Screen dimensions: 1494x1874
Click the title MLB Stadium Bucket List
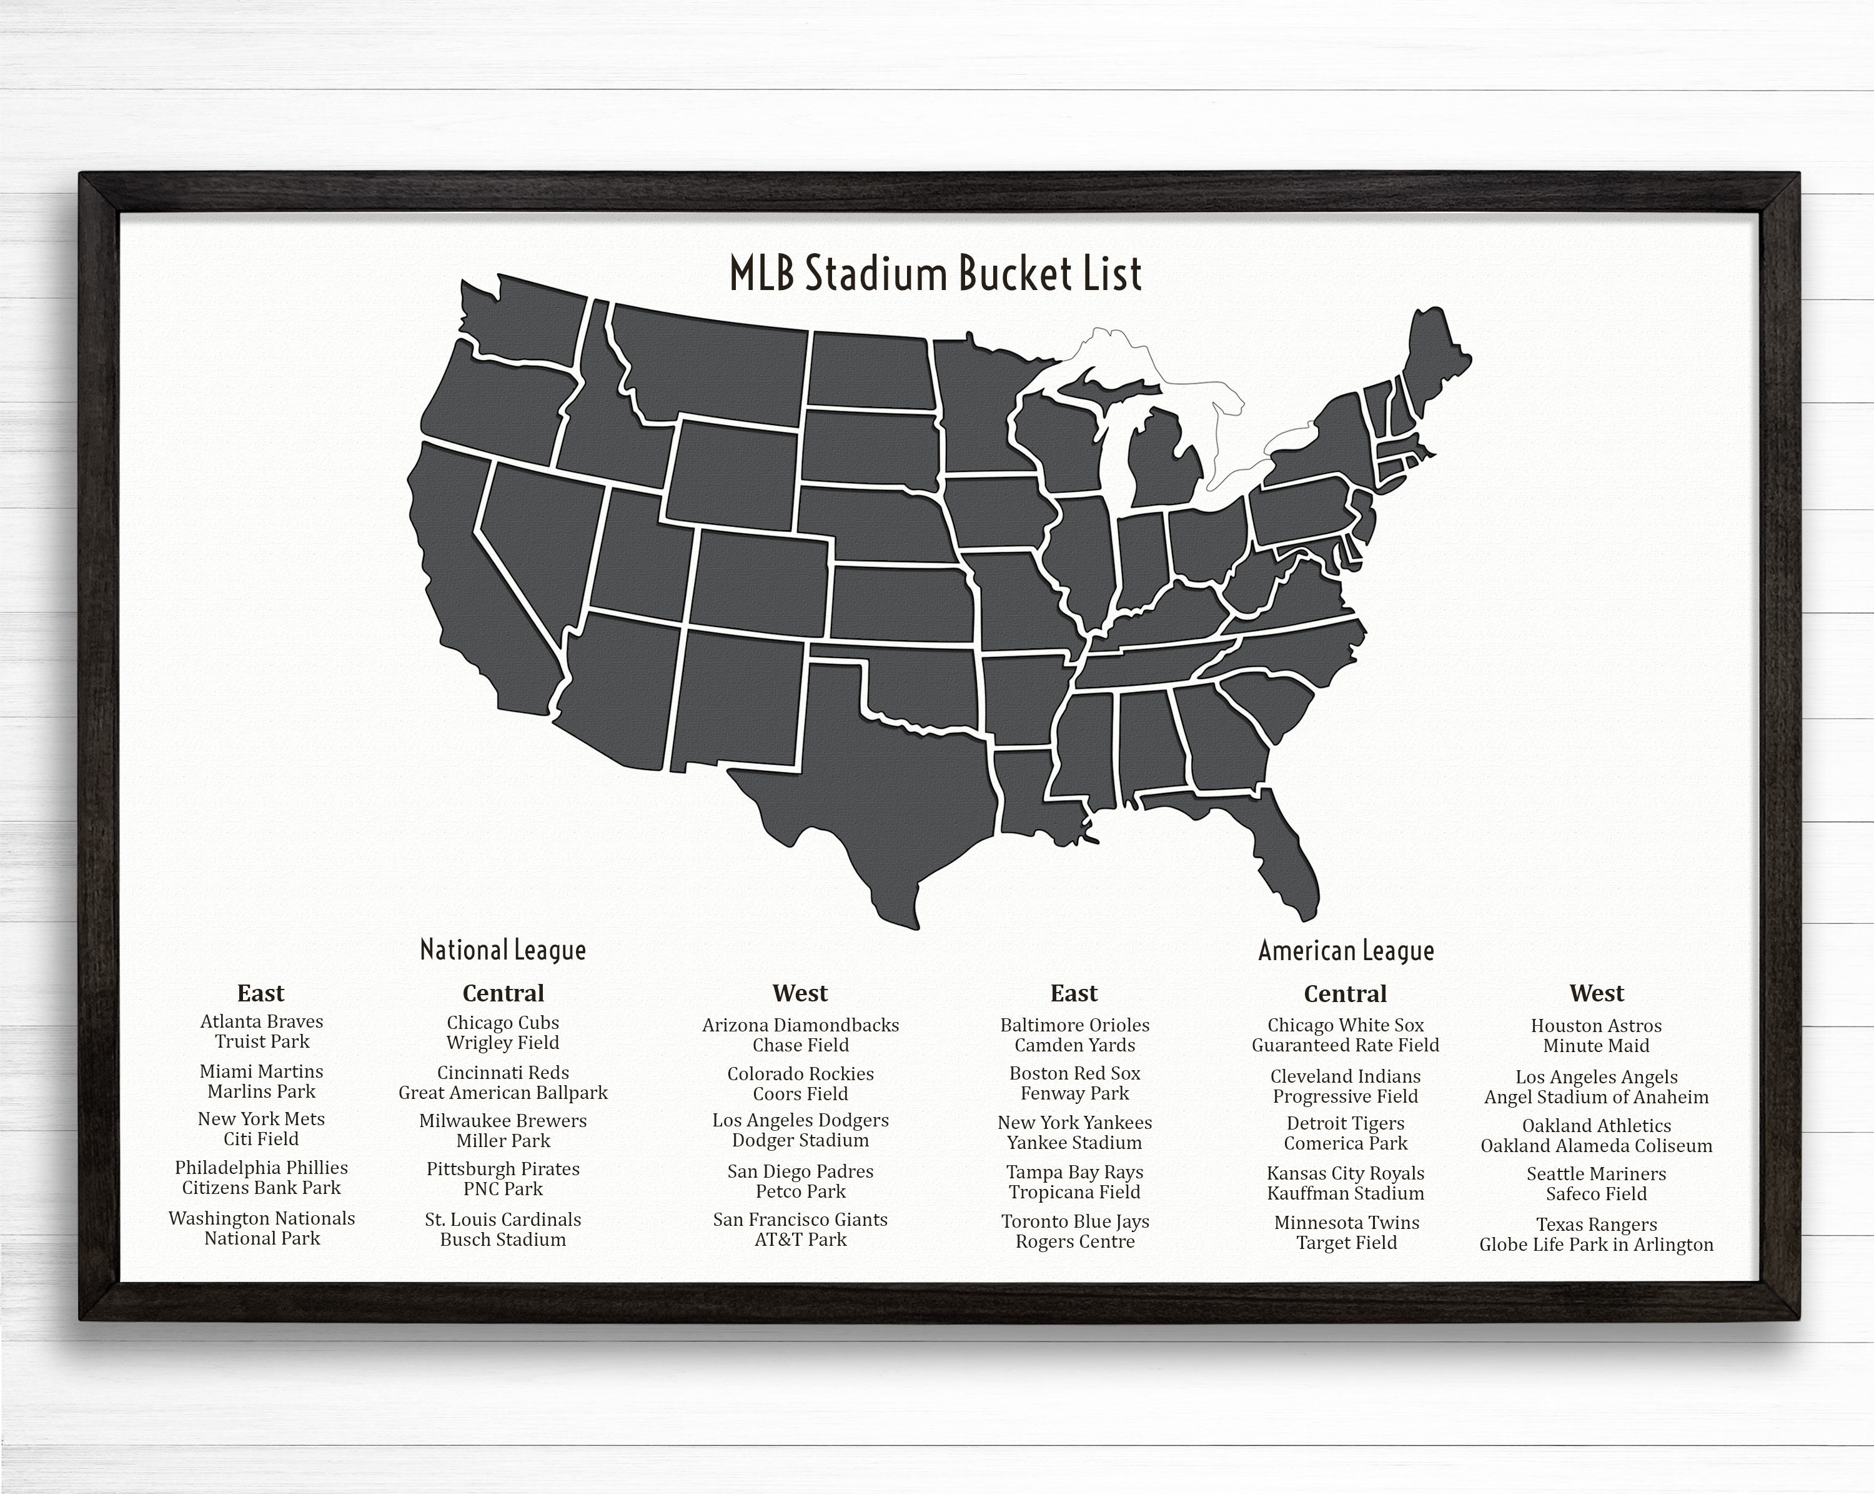[x=935, y=274]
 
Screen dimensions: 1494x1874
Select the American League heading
[x=1346, y=951]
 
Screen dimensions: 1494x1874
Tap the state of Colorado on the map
[x=761, y=578]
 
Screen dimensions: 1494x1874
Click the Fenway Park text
[x=1074, y=1093]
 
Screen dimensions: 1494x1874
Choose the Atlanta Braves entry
[x=262, y=1022]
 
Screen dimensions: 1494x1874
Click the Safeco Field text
[x=1596, y=1194]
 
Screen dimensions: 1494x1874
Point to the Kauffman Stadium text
[x=1346, y=1193]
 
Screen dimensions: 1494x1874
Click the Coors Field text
[x=801, y=1094]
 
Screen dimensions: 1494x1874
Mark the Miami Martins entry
[x=262, y=1071]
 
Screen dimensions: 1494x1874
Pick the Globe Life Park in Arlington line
[x=1596, y=1245]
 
